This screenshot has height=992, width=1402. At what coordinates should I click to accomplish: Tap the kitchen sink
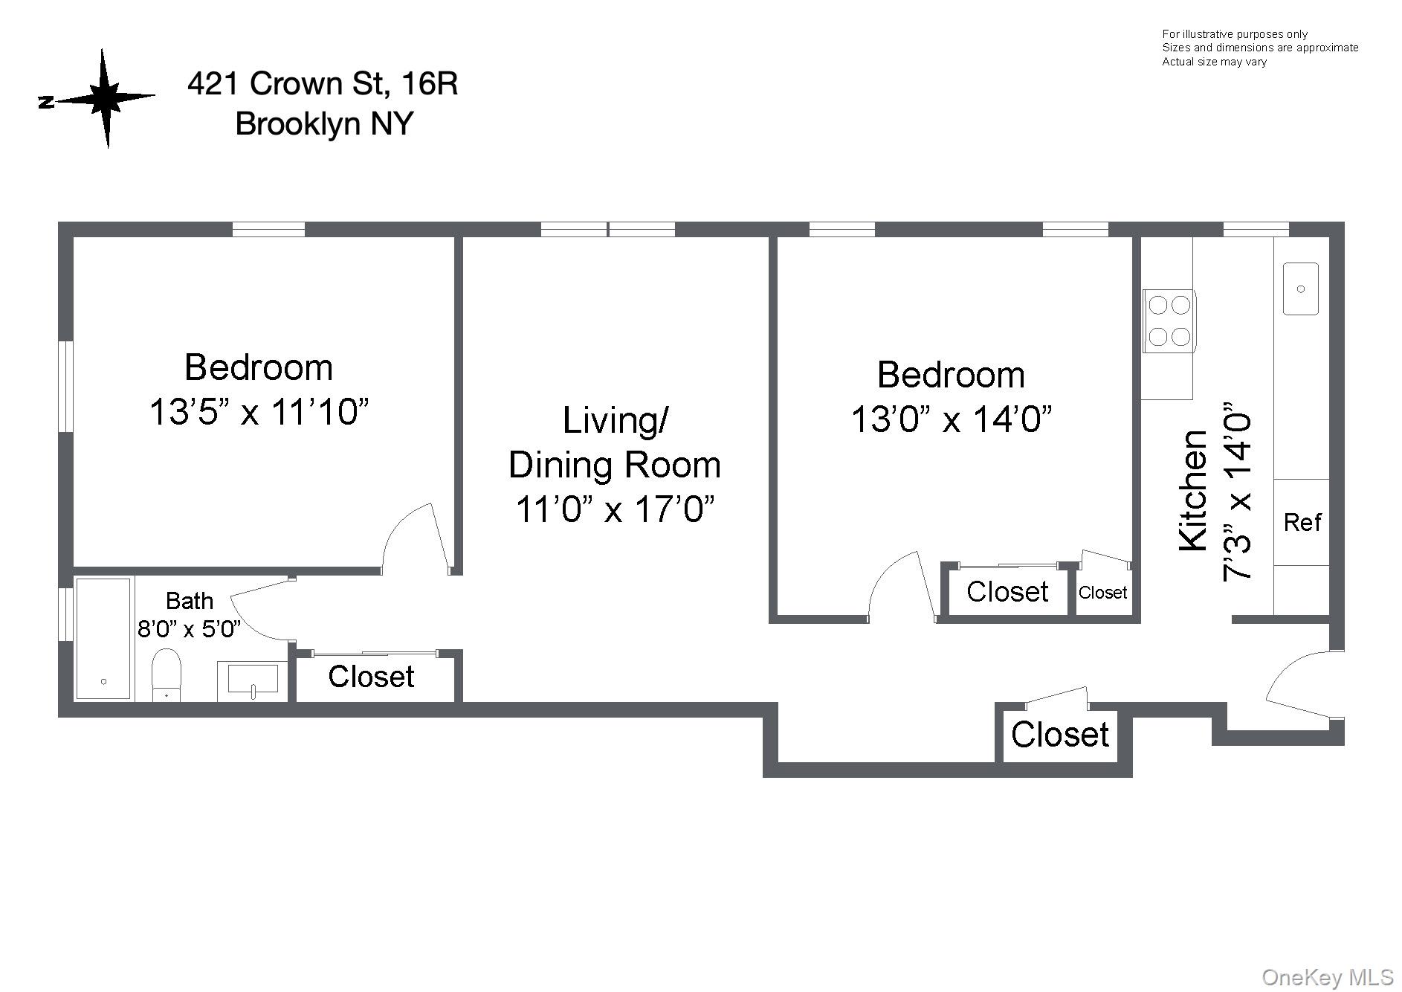[x=1300, y=289]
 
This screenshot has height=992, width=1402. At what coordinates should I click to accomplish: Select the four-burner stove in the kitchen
[x=1169, y=321]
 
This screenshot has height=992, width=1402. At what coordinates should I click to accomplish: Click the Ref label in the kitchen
[x=1302, y=523]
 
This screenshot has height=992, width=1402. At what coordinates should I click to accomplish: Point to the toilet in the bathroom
[x=166, y=674]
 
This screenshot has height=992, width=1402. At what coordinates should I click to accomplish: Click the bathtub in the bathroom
[x=103, y=639]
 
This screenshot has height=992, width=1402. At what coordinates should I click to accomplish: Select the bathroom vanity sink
[x=253, y=680]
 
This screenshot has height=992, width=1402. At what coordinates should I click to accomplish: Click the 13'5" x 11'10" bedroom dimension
[x=259, y=411]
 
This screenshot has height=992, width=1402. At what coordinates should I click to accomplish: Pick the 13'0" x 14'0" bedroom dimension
[x=951, y=419]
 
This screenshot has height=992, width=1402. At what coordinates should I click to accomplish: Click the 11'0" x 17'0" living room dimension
[x=615, y=509]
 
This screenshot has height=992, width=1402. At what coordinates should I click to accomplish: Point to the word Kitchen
[x=1194, y=491]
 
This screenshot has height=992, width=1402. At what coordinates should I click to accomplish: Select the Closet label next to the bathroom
[x=371, y=677]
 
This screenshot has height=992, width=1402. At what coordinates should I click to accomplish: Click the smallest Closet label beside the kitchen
[x=1102, y=593]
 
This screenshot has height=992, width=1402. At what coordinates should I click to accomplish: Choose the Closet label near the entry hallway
[x=1059, y=735]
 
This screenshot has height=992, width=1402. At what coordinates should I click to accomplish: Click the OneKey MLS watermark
[x=1337, y=976]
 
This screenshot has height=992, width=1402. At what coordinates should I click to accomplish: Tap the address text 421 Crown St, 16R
[x=322, y=84]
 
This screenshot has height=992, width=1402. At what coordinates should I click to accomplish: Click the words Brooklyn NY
[x=323, y=123]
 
